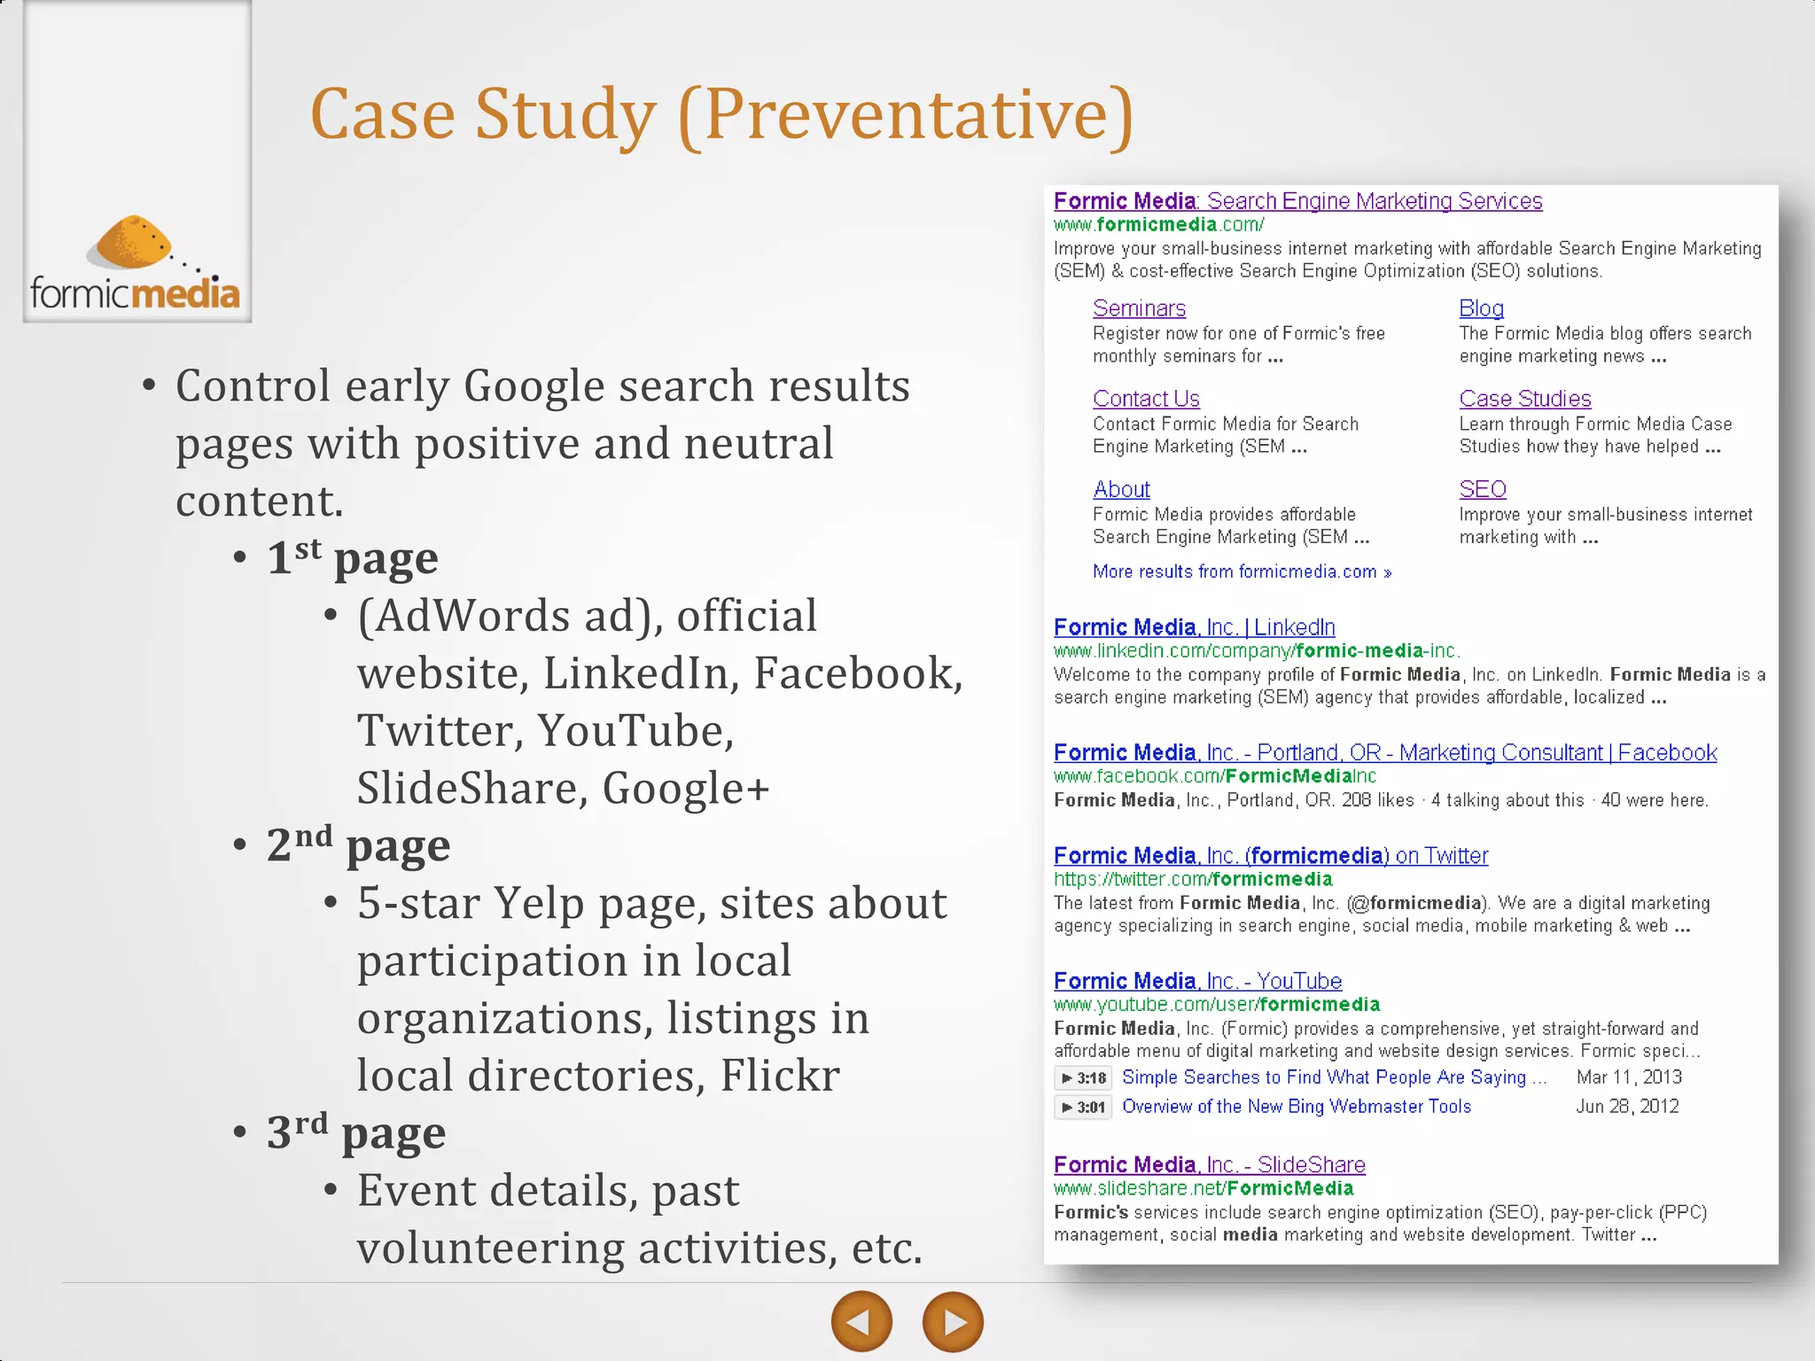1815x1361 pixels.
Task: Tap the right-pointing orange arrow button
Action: pyautogui.click(x=953, y=1322)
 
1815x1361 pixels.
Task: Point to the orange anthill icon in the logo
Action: pyautogui.click(x=133, y=241)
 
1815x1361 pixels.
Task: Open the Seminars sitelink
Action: pyautogui.click(x=1139, y=308)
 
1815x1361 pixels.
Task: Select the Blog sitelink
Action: pyautogui.click(x=1481, y=308)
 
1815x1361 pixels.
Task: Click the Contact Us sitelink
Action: pyautogui.click(x=1146, y=399)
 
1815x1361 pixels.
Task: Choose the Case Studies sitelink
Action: pyautogui.click(x=1524, y=399)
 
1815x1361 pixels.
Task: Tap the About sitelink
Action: pyautogui.click(x=1121, y=489)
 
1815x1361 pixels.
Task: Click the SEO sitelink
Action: pyautogui.click(x=1482, y=489)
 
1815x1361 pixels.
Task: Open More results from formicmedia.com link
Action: pyautogui.click(x=1241, y=572)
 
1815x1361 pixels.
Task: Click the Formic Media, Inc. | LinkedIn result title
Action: pyautogui.click(x=1194, y=627)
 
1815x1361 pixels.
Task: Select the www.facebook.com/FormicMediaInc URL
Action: pyautogui.click(x=1214, y=776)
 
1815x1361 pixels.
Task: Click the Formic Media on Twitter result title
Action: pyautogui.click(x=1270, y=856)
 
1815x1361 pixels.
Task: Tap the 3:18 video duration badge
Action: pyautogui.click(x=1083, y=1078)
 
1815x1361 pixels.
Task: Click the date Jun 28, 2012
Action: pyautogui.click(x=1626, y=1107)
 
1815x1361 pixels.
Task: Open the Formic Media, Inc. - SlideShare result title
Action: pyautogui.click(x=1209, y=1165)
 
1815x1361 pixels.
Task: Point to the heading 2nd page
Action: pyautogui.click(x=358, y=844)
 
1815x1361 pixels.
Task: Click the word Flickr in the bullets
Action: pyautogui.click(x=779, y=1076)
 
